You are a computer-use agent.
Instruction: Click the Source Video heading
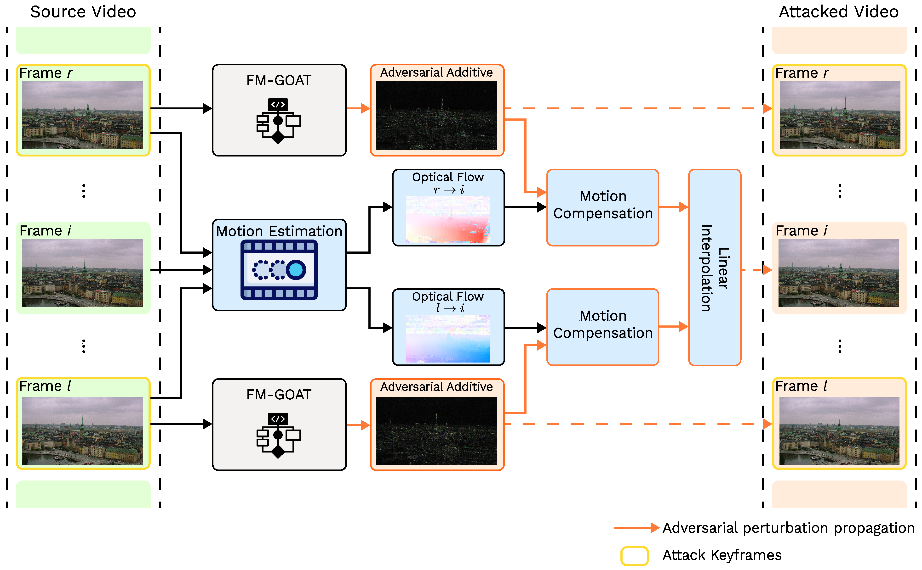83,12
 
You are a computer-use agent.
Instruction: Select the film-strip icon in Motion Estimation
279,270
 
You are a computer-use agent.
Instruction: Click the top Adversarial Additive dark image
436,116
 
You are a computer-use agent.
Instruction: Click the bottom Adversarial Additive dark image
436,430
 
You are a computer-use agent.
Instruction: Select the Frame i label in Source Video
45,230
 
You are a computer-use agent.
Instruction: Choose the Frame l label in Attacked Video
801,386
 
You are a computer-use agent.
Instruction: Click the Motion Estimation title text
279,231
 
